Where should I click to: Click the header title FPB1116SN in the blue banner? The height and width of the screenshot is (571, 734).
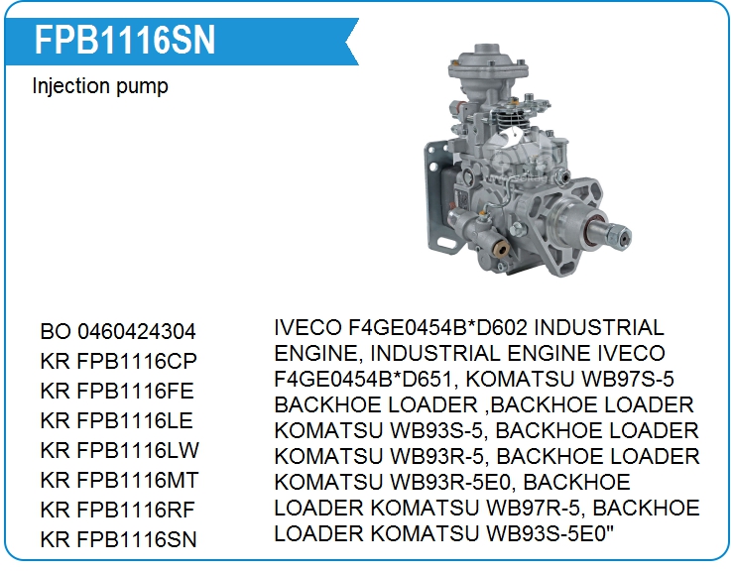[125, 41]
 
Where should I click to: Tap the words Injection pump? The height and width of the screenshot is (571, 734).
[100, 86]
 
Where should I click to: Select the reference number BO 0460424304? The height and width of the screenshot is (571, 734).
[118, 332]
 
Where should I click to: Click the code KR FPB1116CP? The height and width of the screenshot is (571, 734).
[118, 361]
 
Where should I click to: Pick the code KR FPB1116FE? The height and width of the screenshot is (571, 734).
[117, 392]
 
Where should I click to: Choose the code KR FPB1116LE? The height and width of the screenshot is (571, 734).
[117, 420]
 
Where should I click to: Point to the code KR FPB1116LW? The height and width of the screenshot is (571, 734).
[120, 450]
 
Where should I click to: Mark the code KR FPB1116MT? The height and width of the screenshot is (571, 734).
[120, 480]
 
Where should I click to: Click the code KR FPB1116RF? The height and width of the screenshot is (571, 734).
[117, 510]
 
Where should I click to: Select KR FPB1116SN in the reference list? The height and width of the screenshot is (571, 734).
[118, 539]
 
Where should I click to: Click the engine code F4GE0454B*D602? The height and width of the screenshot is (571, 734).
[437, 327]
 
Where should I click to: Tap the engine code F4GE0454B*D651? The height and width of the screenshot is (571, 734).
[363, 379]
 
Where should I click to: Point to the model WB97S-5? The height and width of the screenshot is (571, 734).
[627, 379]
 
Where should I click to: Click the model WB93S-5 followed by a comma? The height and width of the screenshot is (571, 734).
[440, 430]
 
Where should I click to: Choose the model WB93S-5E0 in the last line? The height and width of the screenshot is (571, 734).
[547, 533]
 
